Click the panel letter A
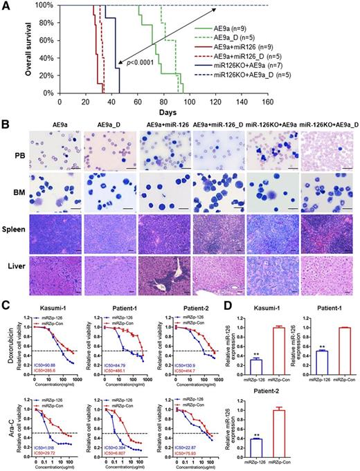click(6, 6)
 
